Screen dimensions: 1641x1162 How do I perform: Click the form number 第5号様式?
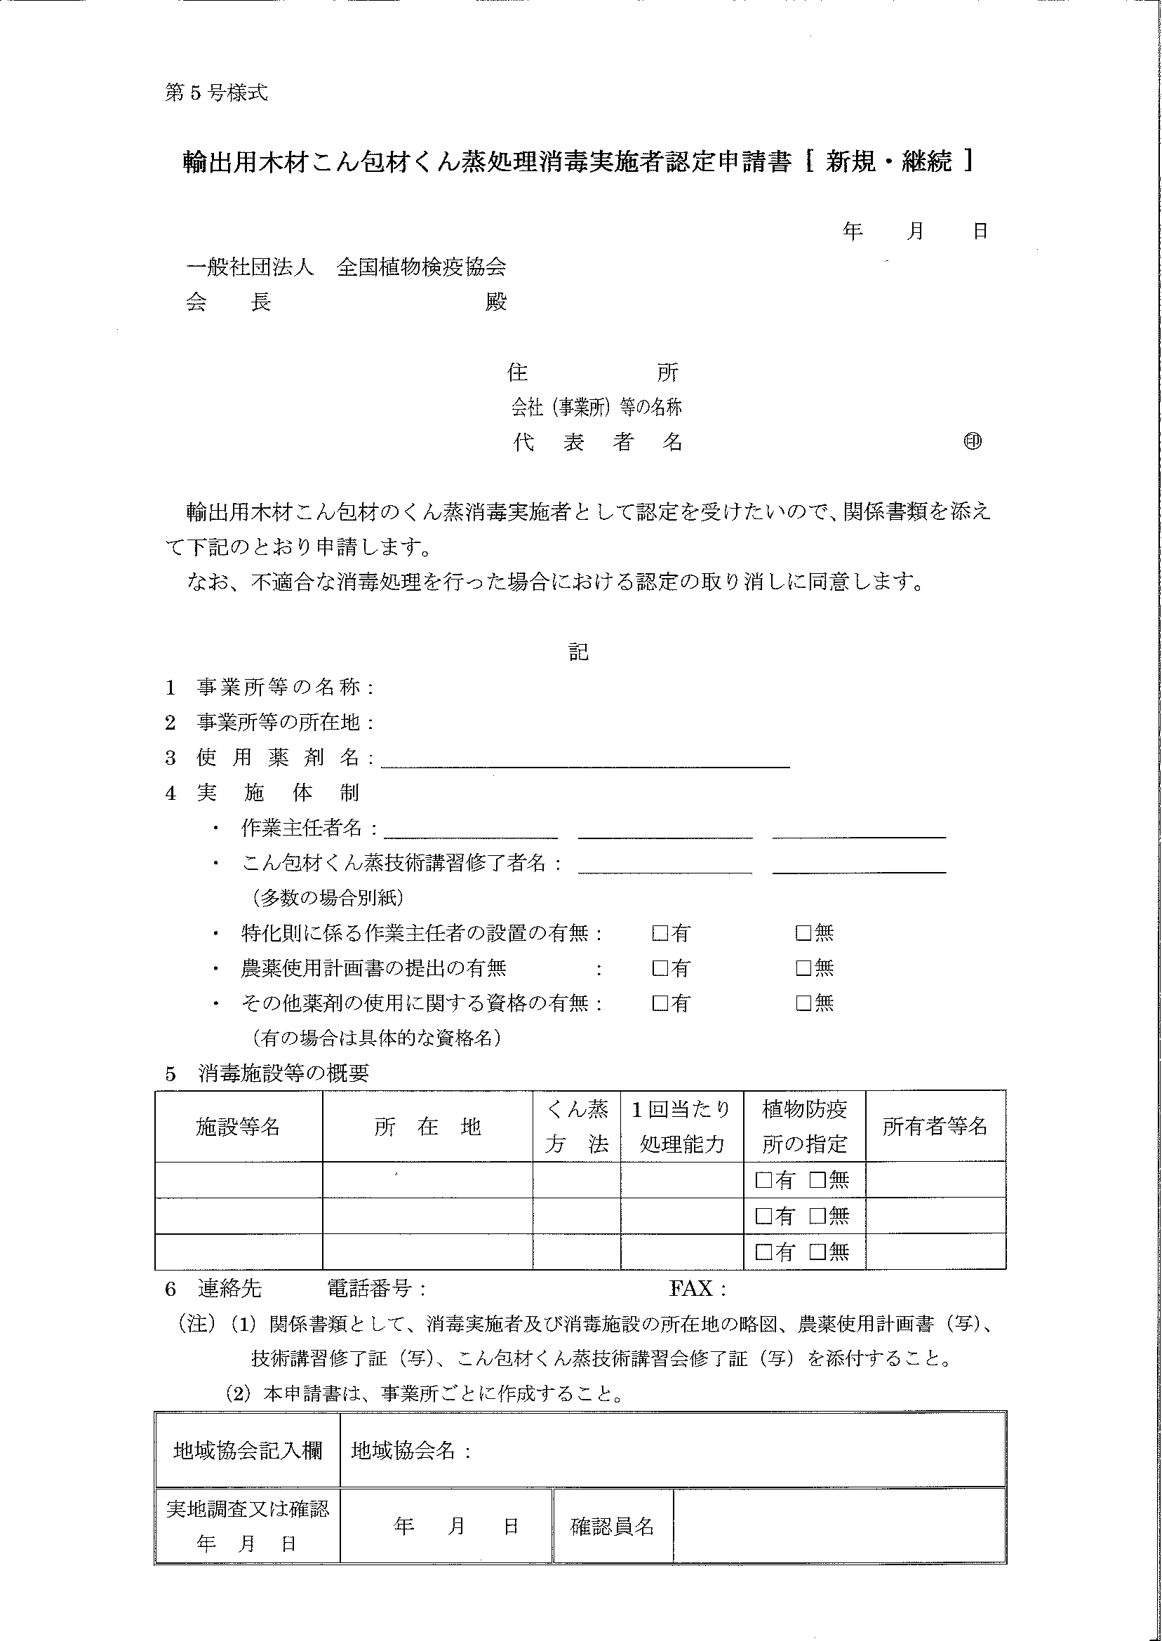click(x=216, y=93)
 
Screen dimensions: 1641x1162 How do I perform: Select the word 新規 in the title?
click(x=850, y=162)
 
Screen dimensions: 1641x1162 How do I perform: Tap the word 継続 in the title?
click(x=927, y=162)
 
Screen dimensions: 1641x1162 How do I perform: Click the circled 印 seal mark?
click(x=973, y=442)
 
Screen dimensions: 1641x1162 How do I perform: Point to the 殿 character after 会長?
click(x=496, y=302)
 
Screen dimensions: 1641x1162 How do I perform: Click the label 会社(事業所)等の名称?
click(x=596, y=408)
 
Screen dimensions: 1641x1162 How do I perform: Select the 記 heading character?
click(x=578, y=652)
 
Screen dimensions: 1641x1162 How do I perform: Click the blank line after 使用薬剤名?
click(x=585, y=761)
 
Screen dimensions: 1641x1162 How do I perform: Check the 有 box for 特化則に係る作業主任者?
click(x=660, y=933)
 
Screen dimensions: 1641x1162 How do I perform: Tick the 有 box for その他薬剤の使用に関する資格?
click(x=660, y=1003)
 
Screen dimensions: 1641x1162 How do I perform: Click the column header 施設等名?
click(x=238, y=1127)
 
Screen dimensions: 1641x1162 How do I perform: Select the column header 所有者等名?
click(x=935, y=1127)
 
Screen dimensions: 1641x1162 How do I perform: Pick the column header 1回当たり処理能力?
click(x=681, y=1127)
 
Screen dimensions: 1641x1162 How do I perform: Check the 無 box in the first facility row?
click(x=817, y=1179)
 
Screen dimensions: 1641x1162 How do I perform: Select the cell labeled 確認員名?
click(x=612, y=1527)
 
